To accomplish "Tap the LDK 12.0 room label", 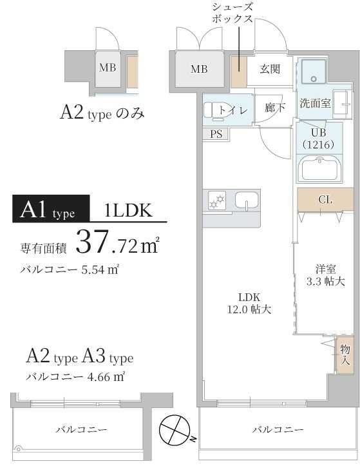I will click(249, 303).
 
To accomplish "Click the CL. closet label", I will click(325, 199).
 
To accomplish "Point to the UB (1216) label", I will click(317, 139).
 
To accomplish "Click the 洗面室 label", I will click(315, 103).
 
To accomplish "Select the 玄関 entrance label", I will click(270, 70).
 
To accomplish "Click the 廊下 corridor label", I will click(275, 108).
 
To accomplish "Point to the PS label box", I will click(216, 134).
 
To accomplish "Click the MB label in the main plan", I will click(199, 70).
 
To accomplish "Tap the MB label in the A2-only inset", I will click(108, 68).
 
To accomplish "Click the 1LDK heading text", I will click(128, 209).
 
